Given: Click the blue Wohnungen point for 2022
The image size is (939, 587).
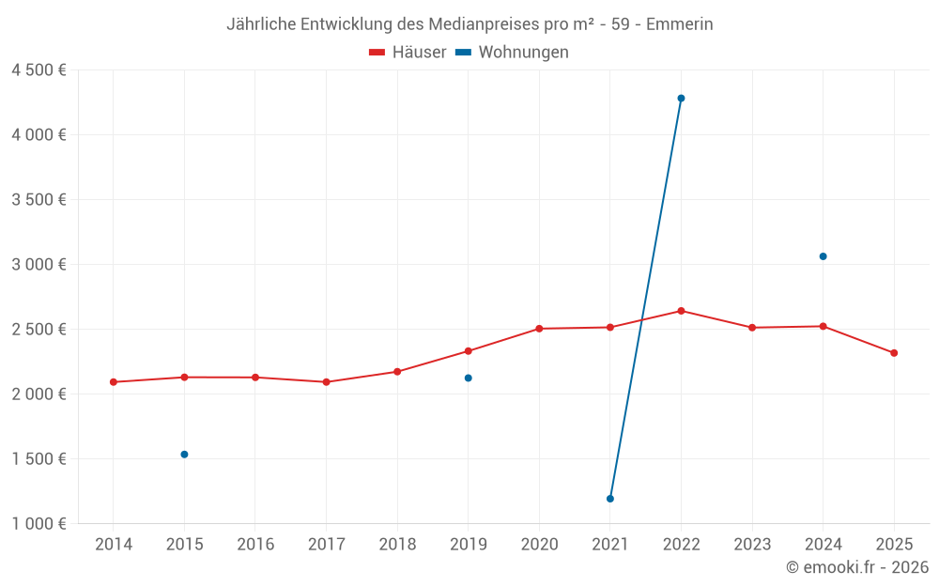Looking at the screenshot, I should point(681,98).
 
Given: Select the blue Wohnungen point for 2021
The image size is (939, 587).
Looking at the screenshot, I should point(610,499).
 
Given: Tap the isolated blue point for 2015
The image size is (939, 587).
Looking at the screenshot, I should point(184,455).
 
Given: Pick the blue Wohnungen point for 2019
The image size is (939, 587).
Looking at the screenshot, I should point(469,378).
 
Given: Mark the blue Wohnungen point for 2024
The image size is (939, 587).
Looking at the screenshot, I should point(824,256).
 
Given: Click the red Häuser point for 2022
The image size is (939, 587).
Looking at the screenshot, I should point(681,311).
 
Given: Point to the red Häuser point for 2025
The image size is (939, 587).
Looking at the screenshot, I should point(894,353).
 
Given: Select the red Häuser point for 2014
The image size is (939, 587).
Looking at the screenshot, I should point(114,382).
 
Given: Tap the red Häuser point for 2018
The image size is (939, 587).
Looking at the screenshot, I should point(397,372).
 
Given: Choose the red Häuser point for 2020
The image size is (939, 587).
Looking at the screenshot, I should point(539,329).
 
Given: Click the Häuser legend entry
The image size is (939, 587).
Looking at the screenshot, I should point(408,53).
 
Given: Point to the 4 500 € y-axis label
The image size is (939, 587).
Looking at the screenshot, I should point(38,70).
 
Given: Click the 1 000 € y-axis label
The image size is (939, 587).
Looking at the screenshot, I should point(38,524).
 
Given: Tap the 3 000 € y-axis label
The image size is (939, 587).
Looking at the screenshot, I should point(38,265).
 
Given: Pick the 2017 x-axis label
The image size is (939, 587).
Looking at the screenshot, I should point(326,544).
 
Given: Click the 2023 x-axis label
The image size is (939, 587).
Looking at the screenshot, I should point(752,544).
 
